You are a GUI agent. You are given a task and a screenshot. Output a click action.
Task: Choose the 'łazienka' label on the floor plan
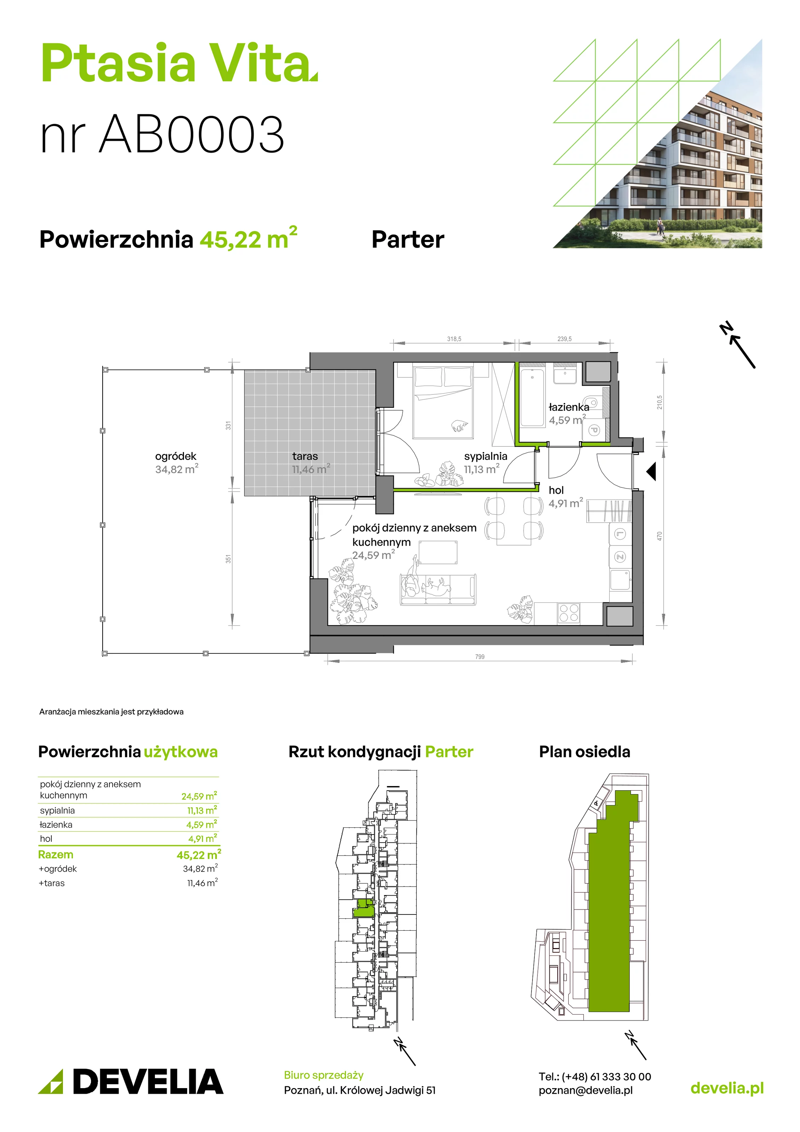(x=569, y=407)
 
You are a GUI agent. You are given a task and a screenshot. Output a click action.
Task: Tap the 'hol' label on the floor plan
(x=556, y=490)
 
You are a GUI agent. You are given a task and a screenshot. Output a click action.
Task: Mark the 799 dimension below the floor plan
(x=480, y=657)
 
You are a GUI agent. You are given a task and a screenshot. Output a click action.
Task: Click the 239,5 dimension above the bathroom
(x=565, y=339)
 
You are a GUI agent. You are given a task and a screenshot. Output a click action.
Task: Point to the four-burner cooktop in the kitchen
(x=569, y=614)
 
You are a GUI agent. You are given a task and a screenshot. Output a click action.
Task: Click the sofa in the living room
(x=438, y=589)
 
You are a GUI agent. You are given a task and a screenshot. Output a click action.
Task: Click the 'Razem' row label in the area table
(x=56, y=854)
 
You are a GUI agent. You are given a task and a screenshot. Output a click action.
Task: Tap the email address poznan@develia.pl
(x=586, y=1090)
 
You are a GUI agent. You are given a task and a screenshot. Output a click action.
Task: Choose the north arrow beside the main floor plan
(x=738, y=345)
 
